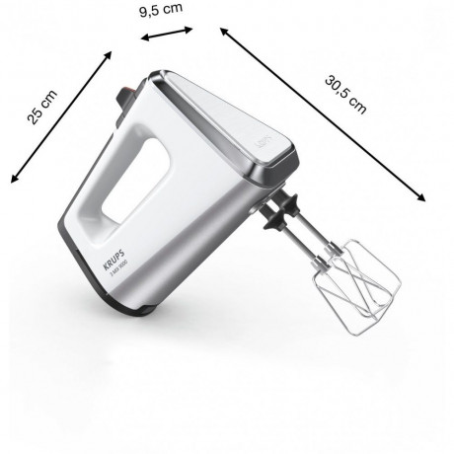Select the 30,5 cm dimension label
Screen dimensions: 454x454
click(345, 91)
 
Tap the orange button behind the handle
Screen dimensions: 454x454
click(126, 97)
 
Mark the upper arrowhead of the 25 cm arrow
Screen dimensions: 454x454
click(107, 57)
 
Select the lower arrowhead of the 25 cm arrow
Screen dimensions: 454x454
click(13, 180)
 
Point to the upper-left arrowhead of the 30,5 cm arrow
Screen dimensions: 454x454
click(223, 31)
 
